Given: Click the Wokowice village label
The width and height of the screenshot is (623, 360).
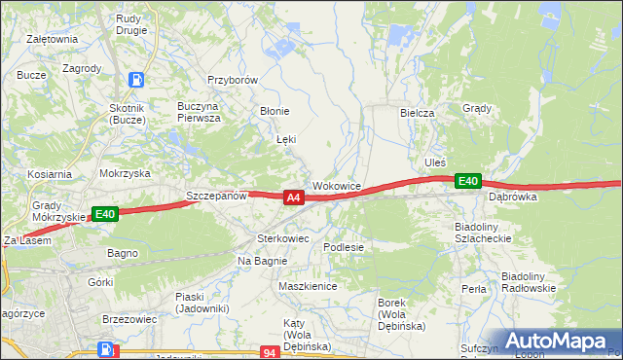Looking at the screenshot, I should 338,185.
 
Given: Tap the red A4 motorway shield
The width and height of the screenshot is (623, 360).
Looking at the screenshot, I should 293,198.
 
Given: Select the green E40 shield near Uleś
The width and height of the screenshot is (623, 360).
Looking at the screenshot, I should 468,181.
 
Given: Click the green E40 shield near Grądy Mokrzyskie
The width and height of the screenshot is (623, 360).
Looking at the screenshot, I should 105,214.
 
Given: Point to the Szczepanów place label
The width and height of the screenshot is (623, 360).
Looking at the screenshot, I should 217,196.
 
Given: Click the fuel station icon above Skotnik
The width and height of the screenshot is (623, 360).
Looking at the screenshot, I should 137,81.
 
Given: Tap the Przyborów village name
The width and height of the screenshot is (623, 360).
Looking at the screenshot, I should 232,81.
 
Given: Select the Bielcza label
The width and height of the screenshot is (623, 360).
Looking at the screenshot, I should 417,113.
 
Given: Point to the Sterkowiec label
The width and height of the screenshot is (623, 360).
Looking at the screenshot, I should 282,237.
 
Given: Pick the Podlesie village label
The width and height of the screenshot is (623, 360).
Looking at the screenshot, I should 344,247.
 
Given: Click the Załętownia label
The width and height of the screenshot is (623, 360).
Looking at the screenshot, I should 54,39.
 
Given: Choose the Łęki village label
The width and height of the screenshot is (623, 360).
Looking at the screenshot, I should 286,140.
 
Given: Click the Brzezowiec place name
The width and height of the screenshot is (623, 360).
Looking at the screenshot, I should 128,318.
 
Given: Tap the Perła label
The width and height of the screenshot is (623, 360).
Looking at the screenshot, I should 474,289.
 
